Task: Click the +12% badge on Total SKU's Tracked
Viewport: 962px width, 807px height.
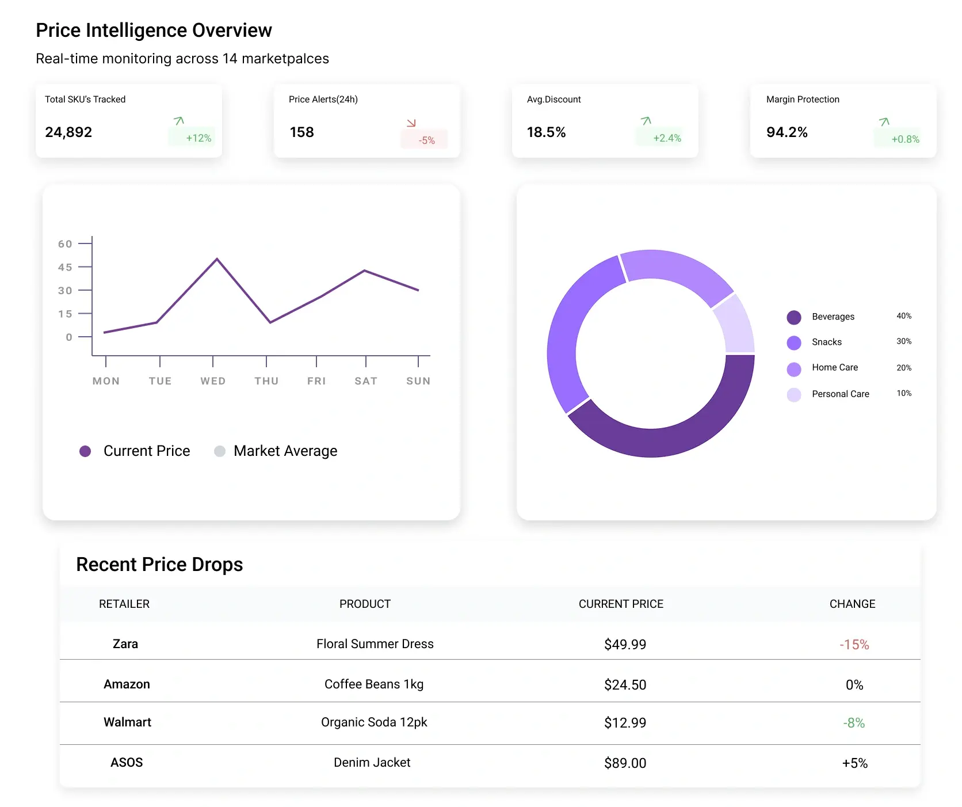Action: [192, 137]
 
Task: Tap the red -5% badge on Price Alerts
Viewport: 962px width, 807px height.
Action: [425, 139]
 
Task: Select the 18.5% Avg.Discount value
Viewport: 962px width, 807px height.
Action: [546, 132]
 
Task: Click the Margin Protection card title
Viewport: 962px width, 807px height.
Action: [802, 100]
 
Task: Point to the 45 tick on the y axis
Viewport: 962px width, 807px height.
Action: [66, 267]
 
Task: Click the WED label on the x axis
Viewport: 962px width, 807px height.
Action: [213, 381]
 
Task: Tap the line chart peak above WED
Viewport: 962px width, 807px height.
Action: [217, 259]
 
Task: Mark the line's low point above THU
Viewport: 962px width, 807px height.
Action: [270, 322]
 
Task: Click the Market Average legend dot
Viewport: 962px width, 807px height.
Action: [220, 451]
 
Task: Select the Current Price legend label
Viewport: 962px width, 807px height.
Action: [147, 451]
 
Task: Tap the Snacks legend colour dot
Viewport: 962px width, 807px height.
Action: [794, 342]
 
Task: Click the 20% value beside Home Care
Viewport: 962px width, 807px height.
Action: [903, 368]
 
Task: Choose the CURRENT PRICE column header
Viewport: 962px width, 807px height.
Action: [621, 604]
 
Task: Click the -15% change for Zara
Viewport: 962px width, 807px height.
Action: [854, 645]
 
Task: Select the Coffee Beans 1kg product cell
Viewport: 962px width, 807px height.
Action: [374, 684]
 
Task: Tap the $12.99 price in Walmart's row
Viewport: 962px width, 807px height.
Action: [625, 723]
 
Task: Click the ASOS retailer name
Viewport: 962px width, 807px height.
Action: [127, 763]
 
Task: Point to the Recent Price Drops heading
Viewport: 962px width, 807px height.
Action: [159, 565]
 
